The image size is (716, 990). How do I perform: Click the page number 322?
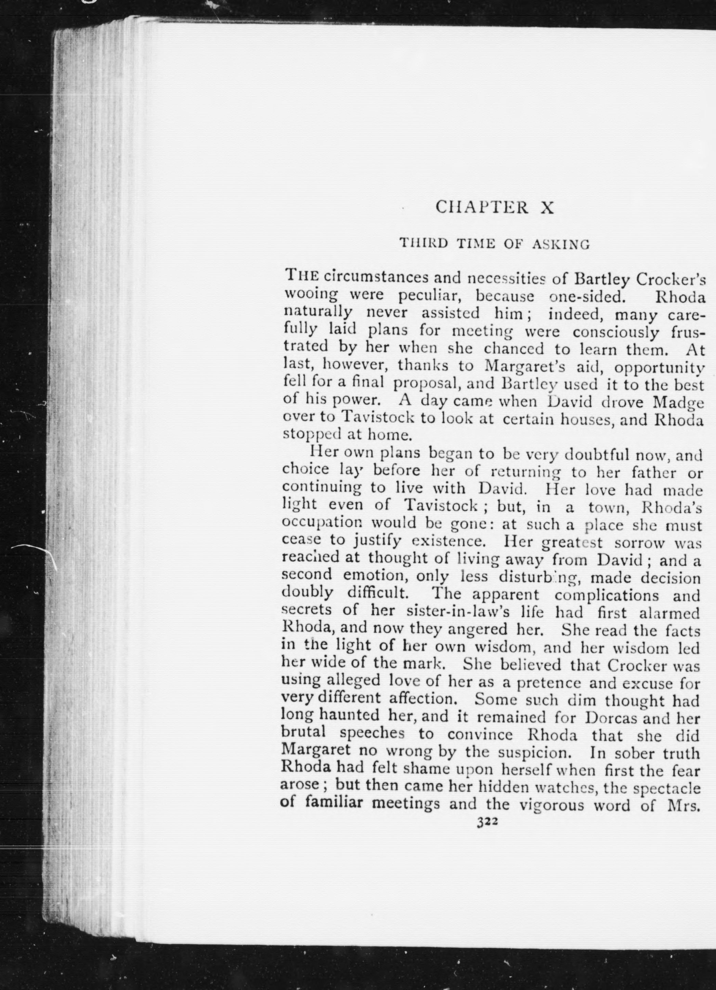[x=487, y=822]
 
